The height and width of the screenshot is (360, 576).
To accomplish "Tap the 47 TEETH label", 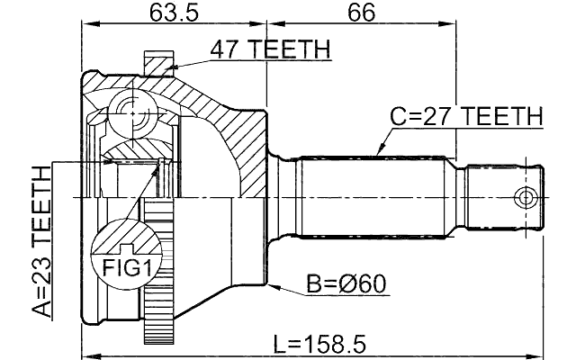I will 270,49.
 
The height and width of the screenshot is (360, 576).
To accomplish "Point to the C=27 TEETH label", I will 466,117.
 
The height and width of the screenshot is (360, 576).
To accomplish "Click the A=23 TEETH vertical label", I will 41,243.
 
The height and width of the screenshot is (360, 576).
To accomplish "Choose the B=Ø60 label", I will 346,285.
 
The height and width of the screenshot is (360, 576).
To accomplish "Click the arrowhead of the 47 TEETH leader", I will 170,67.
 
